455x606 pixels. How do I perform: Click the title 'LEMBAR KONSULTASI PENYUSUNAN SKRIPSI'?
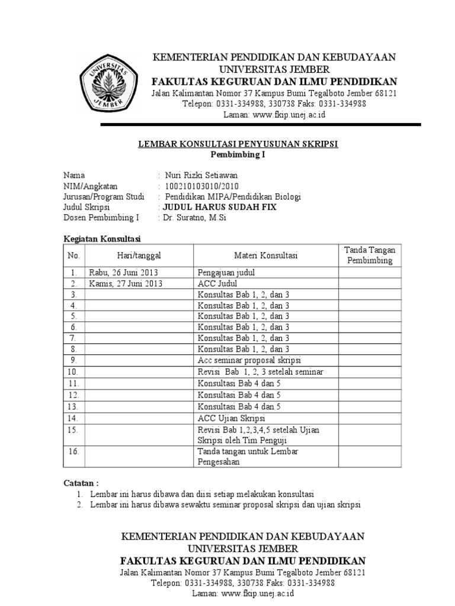[x=238, y=144]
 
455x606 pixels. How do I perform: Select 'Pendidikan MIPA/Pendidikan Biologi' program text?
[x=233, y=196]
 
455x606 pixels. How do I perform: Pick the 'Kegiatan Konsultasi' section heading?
[x=101, y=238]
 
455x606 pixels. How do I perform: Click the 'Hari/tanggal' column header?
[x=139, y=255]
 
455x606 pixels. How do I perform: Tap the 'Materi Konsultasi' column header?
[x=265, y=255]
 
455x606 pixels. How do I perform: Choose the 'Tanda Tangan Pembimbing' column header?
[x=370, y=255]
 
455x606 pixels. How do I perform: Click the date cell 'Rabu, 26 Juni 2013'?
[x=124, y=273]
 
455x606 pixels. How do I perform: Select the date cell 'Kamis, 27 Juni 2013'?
[x=126, y=283]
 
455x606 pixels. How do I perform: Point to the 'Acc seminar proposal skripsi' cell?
[x=249, y=360]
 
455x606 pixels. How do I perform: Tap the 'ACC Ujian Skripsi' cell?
[x=232, y=418]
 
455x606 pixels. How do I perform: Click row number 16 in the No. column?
[x=73, y=452]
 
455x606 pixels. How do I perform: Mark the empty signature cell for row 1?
[x=370, y=273]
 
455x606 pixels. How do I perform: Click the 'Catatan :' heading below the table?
[x=81, y=482]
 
